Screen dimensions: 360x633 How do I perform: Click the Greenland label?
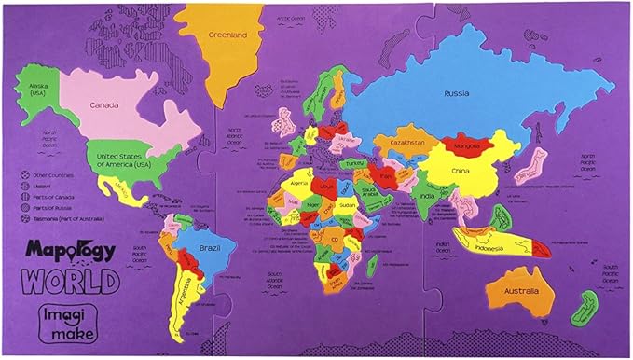point(227,35)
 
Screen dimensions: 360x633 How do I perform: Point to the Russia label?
point(456,93)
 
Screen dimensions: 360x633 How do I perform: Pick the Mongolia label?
point(466,146)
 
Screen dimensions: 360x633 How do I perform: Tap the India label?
point(426,196)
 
